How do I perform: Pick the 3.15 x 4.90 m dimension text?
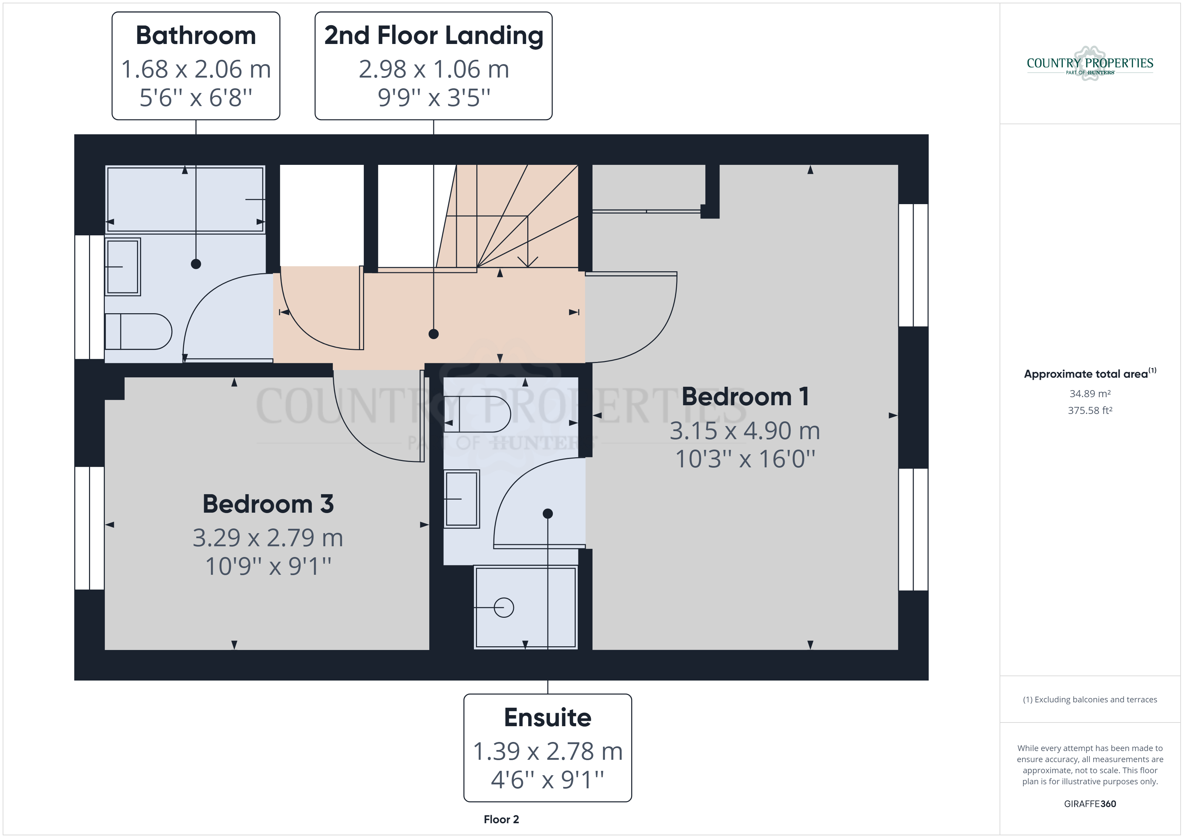(x=745, y=430)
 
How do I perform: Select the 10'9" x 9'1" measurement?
(x=268, y=566)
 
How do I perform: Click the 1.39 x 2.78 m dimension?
(x=547, y=751)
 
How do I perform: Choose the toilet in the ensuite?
(x=477, y=414)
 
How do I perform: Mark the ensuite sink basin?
(x=462, y=499)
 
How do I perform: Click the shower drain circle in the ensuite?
(x=504, y=607)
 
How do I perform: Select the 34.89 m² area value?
(x=1090, y=394)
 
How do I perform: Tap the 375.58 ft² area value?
(x=1090, y=411)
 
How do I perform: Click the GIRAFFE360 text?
(x=1090, y=804)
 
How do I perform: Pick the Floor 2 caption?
(x=501, y=820)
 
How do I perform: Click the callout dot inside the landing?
(x=434, y=334)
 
